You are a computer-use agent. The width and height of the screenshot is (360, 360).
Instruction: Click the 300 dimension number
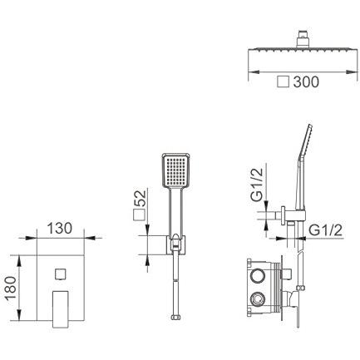point(306,81)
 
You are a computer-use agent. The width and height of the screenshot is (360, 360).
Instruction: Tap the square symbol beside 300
point(284,82)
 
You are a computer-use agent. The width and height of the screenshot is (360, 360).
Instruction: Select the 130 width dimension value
point(60,228)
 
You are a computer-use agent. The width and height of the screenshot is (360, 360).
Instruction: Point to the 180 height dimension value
point(12,288)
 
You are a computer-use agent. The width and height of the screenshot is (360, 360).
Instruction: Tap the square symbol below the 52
point(139,215)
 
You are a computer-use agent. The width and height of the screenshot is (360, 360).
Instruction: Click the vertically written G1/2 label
point(256,185)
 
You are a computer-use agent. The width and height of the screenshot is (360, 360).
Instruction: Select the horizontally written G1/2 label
point(326,230)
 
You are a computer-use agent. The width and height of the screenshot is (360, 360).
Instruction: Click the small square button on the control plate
point(60,274)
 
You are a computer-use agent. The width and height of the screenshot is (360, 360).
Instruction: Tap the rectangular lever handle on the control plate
point(61,309)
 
